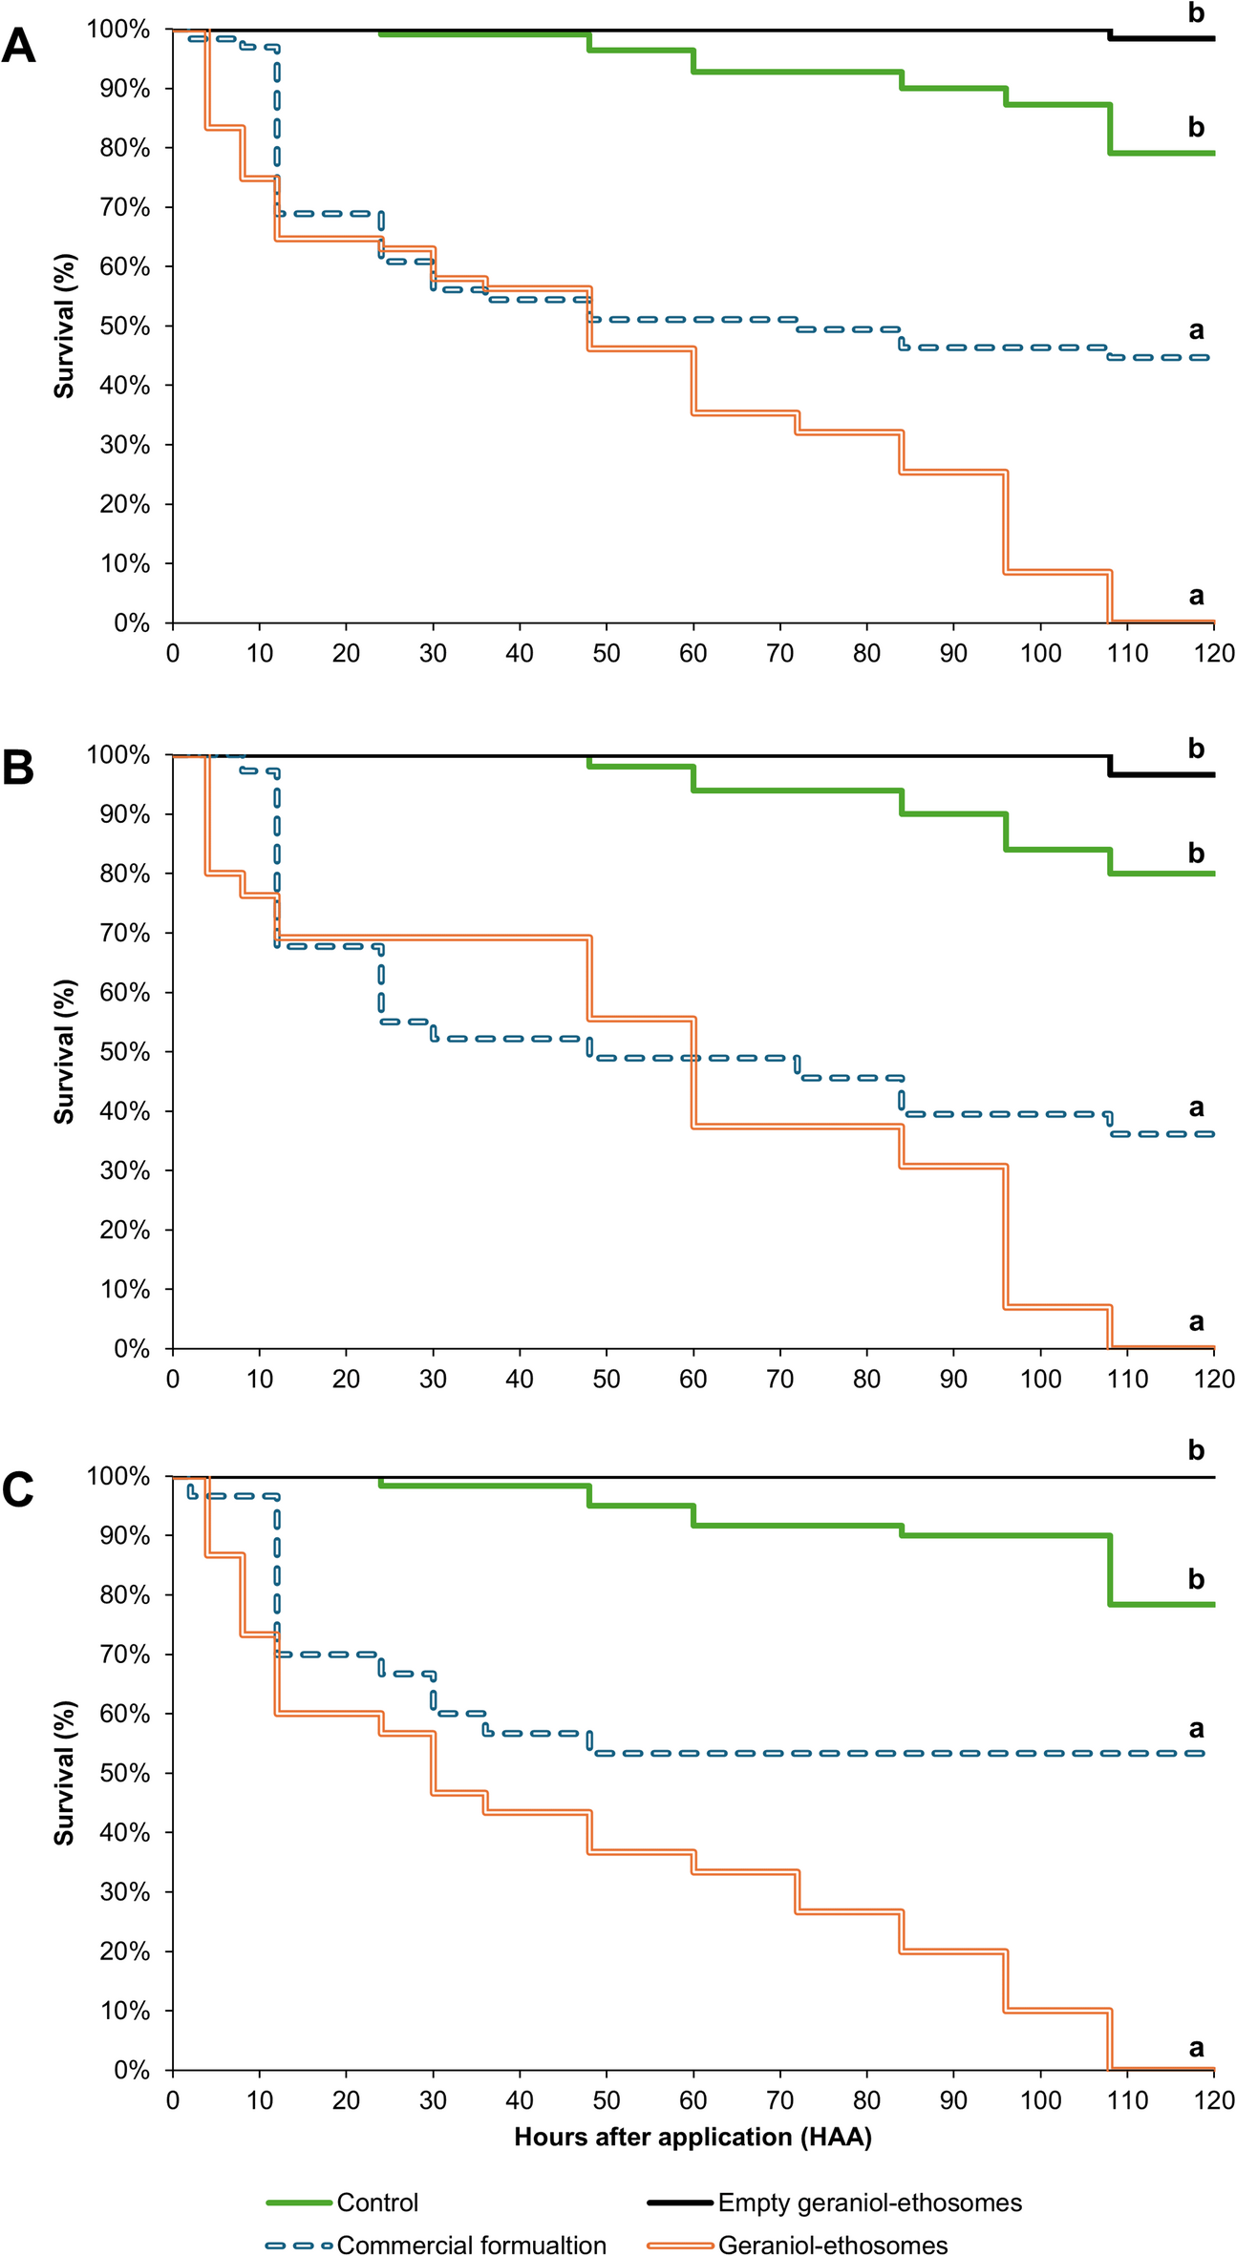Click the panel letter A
pyautogui.click(x=18, y=45)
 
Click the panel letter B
pyautogui.click(x=18, y=768)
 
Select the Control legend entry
pyautogui.click(x=377, y=2202)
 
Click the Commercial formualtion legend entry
pyautogui.click(x=471, y=2245)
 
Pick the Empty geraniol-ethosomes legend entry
pyautogui.click(x=869, y=2202)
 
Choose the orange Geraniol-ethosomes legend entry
pyautogui.click(x=832, y=2245)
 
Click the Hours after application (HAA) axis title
pyautogui.click(x=693, y=2137)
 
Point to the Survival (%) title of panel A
pyautogui.click(x=64, y=326)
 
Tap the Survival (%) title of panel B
pyautogui.click(x=64, y=1051)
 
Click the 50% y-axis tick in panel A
pyautogui.click(x=124, y=327)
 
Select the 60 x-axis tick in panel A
pyautogui.click(x=693, y=654)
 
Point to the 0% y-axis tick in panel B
pyautogui.click(x=131, y=1349)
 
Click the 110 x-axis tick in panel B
pyautogui.click(x=1127, y=1379)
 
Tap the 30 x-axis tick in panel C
pyautogui.click(x=433, y=2100)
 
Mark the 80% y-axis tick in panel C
pyautogui.click(x=124, y=1595)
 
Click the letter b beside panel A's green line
pyautogui.click(x=1196, y=127)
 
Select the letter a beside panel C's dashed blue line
pyautogui.click(x=1196, y=1729)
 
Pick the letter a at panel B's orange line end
pyautogui.click(x=1196, y=1322)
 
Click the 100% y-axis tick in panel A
pyautogui.click(x=119, y=30)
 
